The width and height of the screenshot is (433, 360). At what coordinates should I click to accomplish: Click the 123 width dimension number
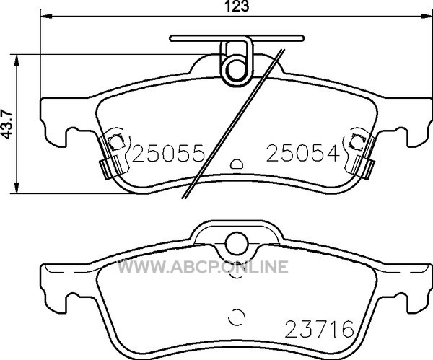click(237, 6)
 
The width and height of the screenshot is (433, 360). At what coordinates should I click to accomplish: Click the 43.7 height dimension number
click(8, 124)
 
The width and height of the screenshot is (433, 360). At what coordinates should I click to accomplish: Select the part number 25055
click(169, 153)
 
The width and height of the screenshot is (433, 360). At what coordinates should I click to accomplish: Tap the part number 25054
click(303, 153)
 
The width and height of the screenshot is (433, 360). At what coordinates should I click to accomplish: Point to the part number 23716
click(319, 329)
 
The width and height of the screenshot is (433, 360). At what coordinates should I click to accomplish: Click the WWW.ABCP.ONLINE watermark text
click(203, 267)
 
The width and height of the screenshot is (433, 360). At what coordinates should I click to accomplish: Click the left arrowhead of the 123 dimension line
click(46, 17)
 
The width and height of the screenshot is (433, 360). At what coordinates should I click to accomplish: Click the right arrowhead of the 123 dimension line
click(427, 17)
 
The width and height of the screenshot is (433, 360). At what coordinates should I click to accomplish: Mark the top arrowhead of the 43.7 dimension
click(17, 60)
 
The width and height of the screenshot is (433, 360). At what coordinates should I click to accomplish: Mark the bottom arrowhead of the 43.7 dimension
click(17, 188)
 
